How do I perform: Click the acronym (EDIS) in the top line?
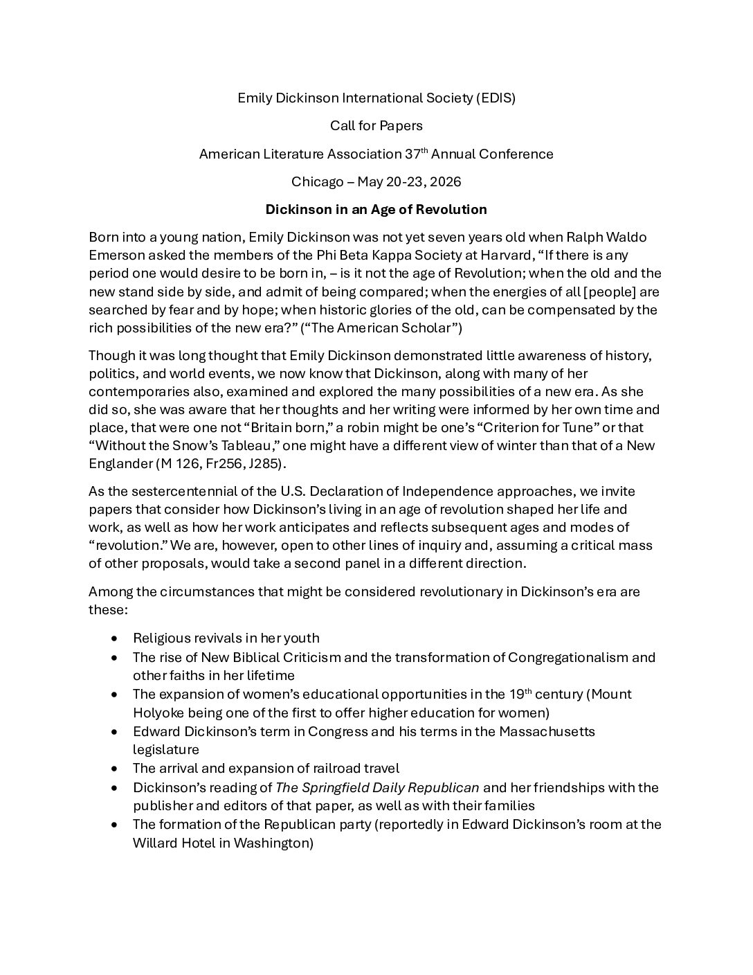[x=495, y=98]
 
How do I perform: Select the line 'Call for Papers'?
[x=376, y=125]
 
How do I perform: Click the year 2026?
[x=445, y=181]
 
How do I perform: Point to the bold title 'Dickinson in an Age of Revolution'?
[x=376, y=209]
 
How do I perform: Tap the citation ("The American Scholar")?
[x=381, y=328]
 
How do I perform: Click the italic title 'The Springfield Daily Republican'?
[x=377, y=787]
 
